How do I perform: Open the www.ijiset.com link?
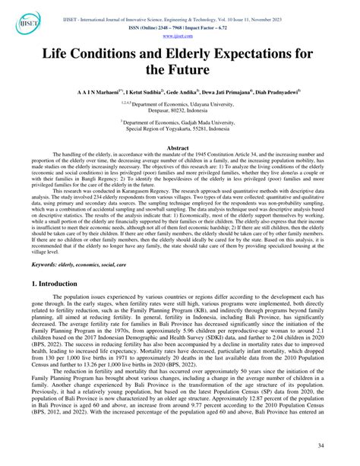(x=179, y=35)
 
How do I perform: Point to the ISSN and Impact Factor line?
(x=179, y=25)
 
